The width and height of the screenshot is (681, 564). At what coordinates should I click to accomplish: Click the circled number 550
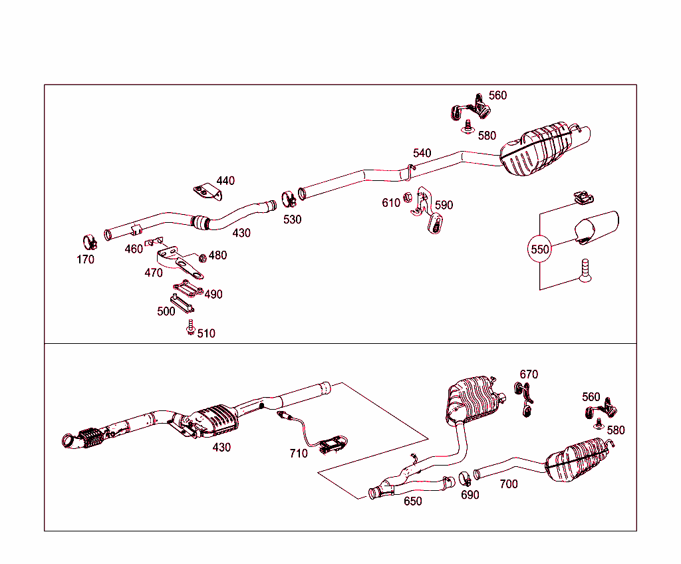(539, 249)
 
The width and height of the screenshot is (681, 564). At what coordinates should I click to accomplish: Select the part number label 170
(85, 259)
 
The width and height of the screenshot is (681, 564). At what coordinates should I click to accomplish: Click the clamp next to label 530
(289, 198)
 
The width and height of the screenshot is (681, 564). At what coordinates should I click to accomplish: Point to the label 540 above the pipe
(422, 153)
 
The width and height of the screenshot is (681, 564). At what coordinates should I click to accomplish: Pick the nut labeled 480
(202, 257)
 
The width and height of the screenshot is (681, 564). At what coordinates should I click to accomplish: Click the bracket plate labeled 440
(207, 192)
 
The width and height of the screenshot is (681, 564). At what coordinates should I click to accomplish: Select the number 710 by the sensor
(299, 453)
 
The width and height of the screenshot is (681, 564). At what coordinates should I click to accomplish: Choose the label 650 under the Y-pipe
(412, 501)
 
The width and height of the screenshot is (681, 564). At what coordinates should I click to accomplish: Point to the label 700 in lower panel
(508, 484)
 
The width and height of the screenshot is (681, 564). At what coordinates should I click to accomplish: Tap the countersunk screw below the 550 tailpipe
(585, 271)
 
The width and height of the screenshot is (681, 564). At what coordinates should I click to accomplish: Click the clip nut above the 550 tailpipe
(583, 197)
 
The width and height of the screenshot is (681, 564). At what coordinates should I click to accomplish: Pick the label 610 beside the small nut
(391, 202)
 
